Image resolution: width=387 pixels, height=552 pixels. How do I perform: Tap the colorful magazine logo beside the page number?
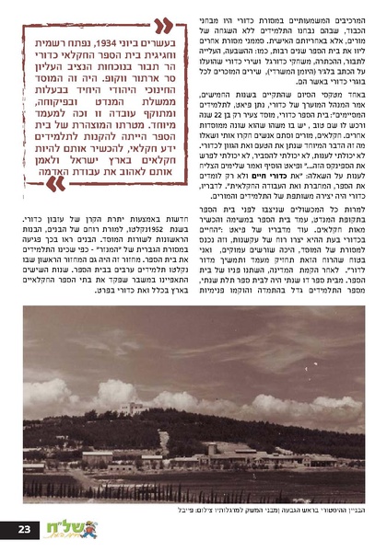[x=63, y=530]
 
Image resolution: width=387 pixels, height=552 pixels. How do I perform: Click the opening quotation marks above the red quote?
[x=162, y=25]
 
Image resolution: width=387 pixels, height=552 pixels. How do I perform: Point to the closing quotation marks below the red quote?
[x=55, y=181]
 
